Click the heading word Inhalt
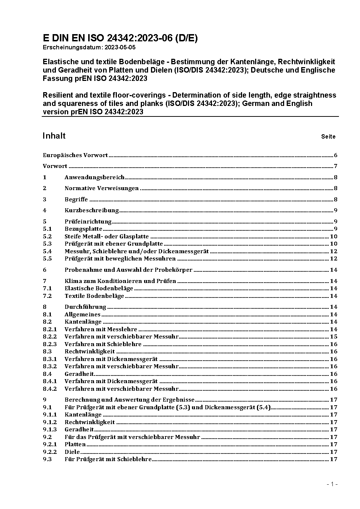coord(54,136)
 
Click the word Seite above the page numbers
coord(328,137)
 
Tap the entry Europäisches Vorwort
coord(75,155)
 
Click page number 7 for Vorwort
coord(336,166)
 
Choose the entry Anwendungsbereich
coord(94,177)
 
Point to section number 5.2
coord(47,236)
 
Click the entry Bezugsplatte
coord(83,229)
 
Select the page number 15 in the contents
coord(334,337)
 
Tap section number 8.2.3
coord(50,344)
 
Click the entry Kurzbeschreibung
coord(92,210)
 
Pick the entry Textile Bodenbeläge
coord(94,296)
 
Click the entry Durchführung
coord(85,307)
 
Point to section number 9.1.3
coord(50,430)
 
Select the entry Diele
coord(72,452)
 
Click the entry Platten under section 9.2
coord(75,444)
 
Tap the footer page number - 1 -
coord(332,484)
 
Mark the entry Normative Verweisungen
coord(102,188)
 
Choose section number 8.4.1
coord(50,381)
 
